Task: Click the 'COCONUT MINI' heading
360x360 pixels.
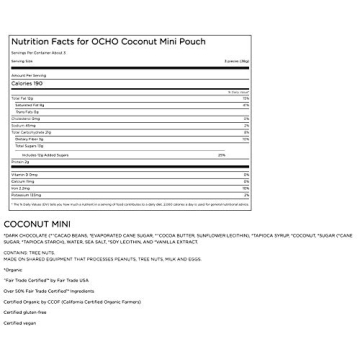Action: tap(36, 224)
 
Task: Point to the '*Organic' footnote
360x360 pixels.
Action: tap(13, 269)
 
